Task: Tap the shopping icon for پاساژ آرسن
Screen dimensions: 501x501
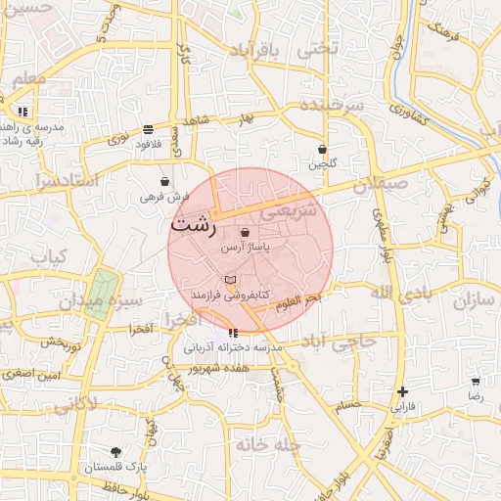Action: pyautogui.click(x=245, y=232)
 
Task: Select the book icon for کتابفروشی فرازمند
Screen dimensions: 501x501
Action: pyautogui.click(x=230, y=280)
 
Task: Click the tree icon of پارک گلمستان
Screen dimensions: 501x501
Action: pyautogui.click(x=116, y=452)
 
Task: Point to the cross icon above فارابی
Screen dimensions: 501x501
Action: pyautogui.click(x=402, y=391)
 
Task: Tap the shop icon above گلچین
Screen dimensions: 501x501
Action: pyautogui.click(x=322, y=150)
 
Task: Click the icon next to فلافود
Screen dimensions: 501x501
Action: pyautogui.click(x=148, y=129)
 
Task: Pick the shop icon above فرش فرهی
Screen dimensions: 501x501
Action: pyautogui.click(x=163, y=182)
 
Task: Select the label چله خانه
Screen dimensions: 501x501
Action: pyautogui.click(x=264, y=445)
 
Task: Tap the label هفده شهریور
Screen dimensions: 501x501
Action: pyautogui.click(x=216, y=367)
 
